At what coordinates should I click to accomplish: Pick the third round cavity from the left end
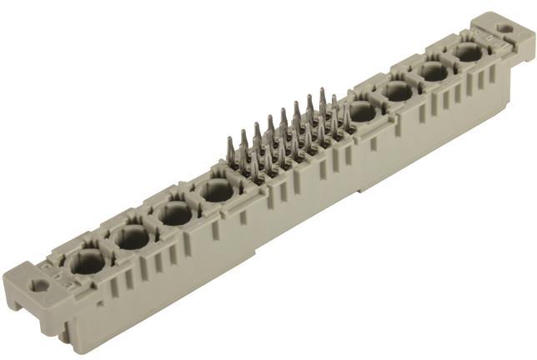[x=175, y=214]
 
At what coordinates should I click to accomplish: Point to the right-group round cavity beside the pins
[x=362, y=112]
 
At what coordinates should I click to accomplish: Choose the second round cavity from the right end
[x=434, y=72]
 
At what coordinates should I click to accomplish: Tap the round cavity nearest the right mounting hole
[x=468, y=53]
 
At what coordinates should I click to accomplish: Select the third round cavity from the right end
[x=399, y=91]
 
